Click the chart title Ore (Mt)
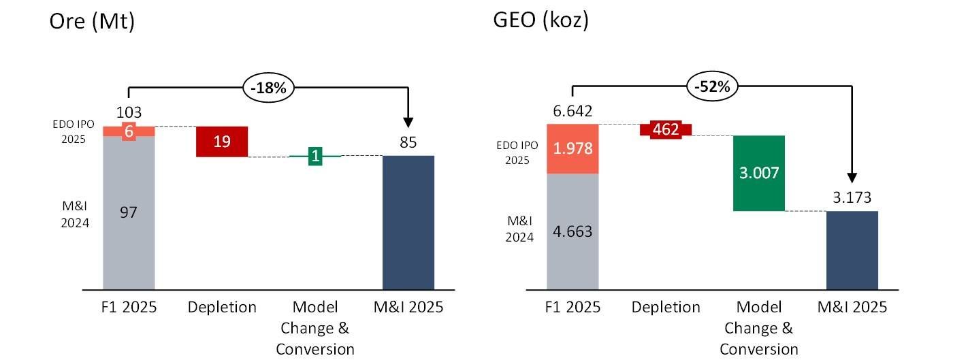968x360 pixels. pos(92,22)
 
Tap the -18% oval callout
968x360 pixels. pos(268,88)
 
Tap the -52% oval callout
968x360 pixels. pos(712,88)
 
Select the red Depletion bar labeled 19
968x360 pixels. pos(222,142)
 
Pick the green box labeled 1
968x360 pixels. pos(315,156)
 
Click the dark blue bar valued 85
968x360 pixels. pos(408,222)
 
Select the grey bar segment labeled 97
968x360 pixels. pos(129,212)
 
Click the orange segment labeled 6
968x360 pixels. pos(129,131)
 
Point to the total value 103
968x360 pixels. pos(129,112)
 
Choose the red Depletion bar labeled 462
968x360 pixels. pos(666,129)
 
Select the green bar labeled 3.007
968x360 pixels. pos(759,173)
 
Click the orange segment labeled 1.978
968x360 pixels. pos(572,149)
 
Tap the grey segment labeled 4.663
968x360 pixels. pos(572,231)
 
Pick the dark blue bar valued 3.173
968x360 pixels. pos(852,250)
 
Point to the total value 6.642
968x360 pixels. pos(572,112)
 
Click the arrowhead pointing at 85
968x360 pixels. pos(408,122)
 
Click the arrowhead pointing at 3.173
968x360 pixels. pos(852,178)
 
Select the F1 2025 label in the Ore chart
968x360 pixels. pos(129,308)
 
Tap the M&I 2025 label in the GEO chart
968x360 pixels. pos(852,308)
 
